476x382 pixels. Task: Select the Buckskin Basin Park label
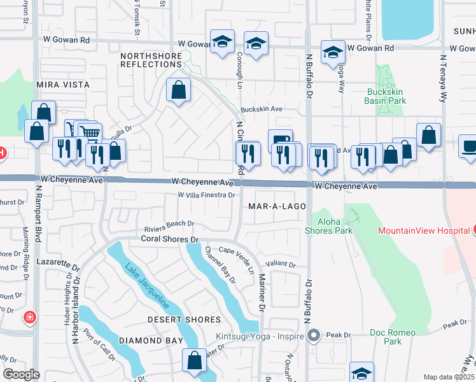(386, 96)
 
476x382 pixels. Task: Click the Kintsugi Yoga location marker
(313, 335)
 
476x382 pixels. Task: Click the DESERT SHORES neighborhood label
(185, 320)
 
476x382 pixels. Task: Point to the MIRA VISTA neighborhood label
(63, 85)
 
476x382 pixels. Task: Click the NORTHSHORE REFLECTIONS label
(151, 60)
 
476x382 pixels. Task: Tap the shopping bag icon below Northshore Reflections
(179, 91)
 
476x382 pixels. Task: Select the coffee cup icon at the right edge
(469, 146)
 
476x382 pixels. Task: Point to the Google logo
(21, 374)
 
